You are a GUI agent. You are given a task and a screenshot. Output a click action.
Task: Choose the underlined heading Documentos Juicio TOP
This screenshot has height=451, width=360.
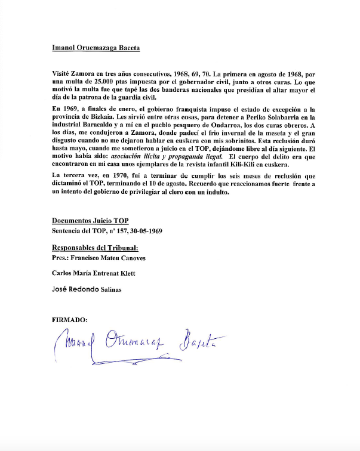coord(90,220)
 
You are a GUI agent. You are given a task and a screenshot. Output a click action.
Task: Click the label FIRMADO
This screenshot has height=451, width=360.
coord(70,320)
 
